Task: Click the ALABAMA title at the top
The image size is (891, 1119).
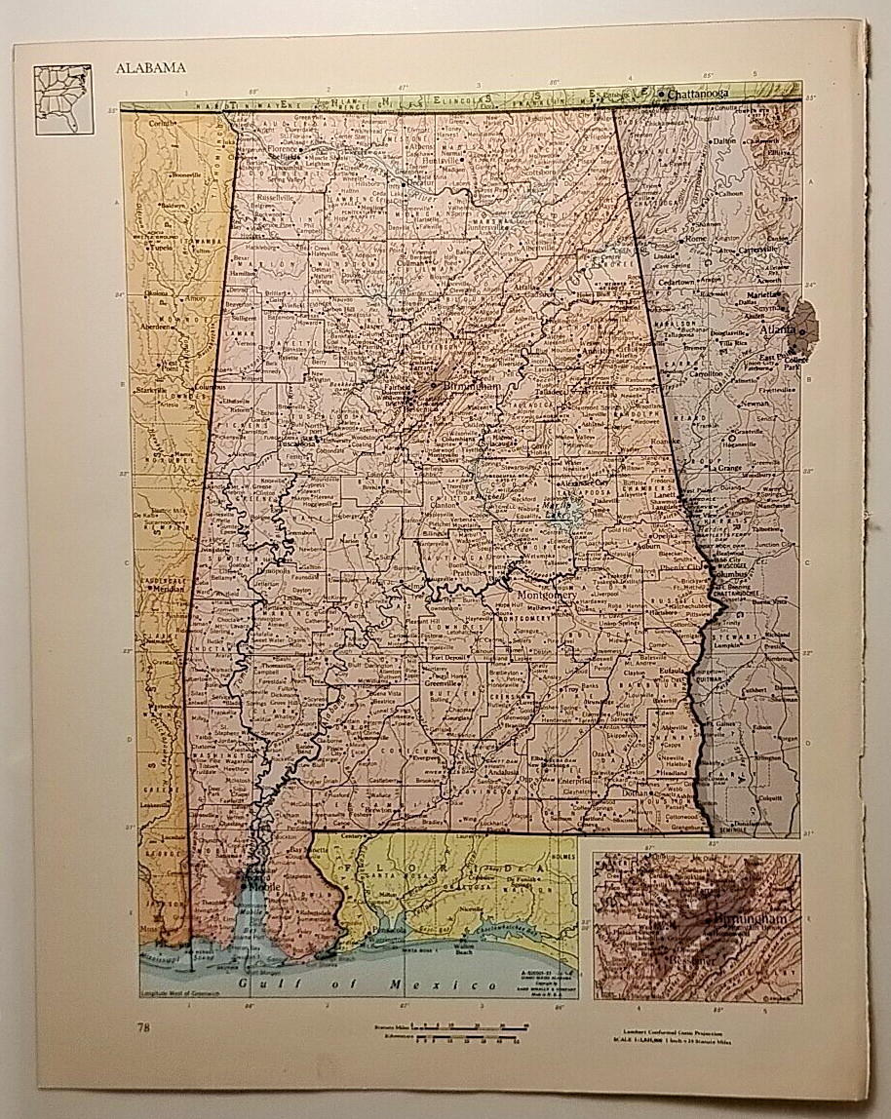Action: coord(151,68)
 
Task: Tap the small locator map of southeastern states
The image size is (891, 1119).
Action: coord(62,99)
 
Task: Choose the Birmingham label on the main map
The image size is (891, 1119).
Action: coord(475,387)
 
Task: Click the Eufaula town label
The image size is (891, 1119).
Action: coord(673,672)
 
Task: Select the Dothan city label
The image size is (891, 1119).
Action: coord(636,792)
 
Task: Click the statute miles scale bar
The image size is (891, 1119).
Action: coord(468,1025)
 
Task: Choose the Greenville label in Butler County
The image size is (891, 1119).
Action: coord(442,683)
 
